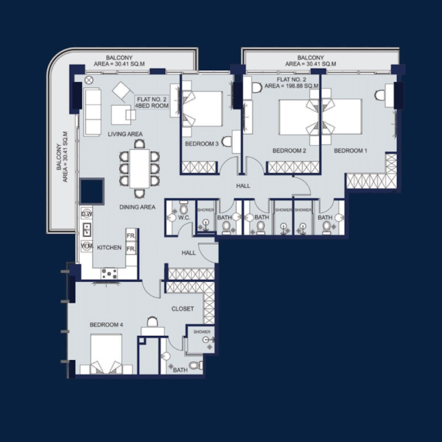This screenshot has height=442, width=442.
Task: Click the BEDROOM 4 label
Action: [x=106, y=324]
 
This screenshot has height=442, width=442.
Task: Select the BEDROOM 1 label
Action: [x=350, y=150]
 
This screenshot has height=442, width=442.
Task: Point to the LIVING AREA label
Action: [x=125, y=134]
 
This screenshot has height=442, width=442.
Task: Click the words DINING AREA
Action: [x=138, y=207]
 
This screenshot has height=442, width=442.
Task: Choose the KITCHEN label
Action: [x=109, y=248]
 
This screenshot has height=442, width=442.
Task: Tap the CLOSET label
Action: [x=182, y=309]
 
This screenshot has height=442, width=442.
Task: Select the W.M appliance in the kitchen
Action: [x=86, y=245]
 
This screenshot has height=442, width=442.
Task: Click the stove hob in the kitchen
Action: [x=109, y=272]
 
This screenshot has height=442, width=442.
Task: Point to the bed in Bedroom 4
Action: [x=106, y=354]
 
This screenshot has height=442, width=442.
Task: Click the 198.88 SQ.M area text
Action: [x=291, y=86]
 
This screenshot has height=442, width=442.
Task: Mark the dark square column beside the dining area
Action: [x=91, y=191]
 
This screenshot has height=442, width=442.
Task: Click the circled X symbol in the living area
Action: [x=88, y=80]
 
